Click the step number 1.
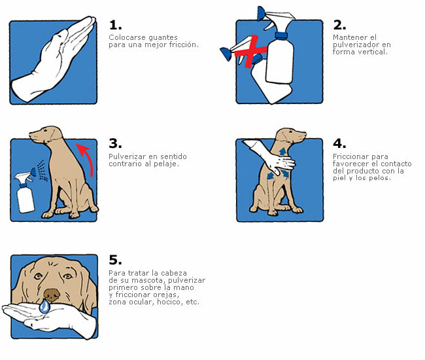point(116,26)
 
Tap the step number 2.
point(339,26)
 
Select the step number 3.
point(116,143)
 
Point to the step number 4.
point(339,143)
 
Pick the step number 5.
point(116,260)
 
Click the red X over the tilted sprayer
point(250,51)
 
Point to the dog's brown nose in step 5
point(52,295)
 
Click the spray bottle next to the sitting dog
point(25,190)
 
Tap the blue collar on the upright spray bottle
point(281,35)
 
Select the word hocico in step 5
point(170,302)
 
